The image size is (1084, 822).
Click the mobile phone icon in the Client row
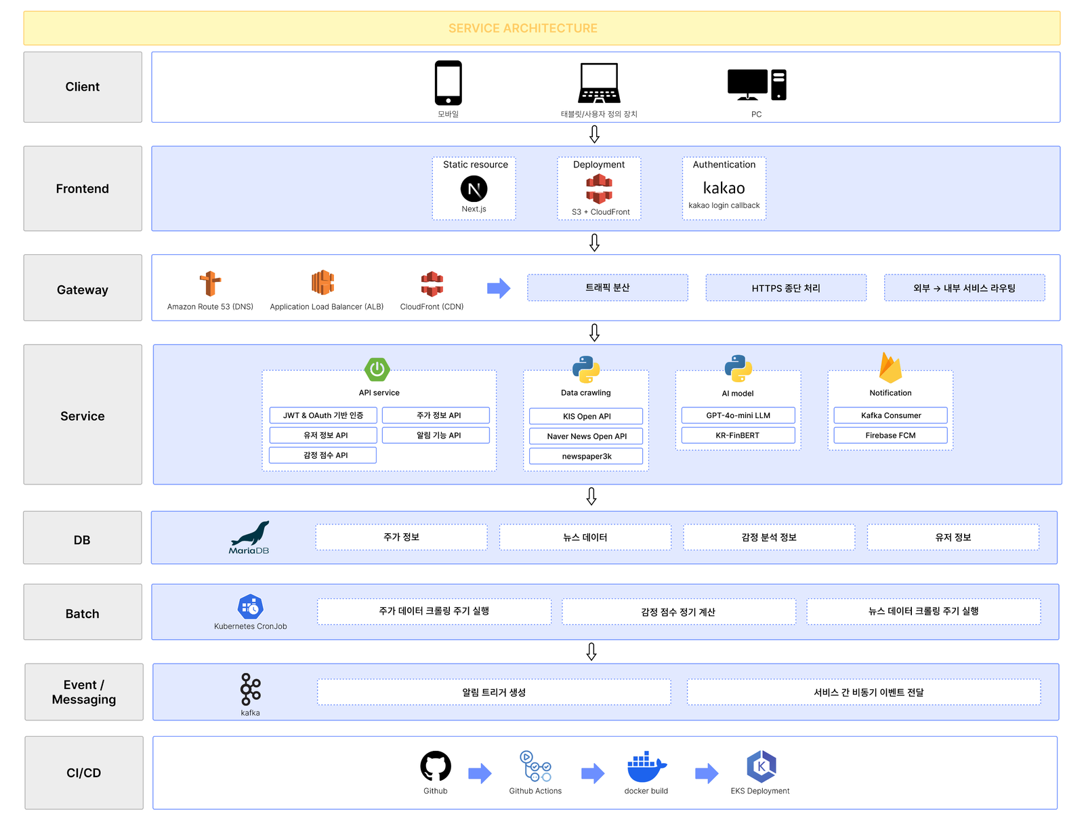448,83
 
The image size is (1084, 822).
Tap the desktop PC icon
756,85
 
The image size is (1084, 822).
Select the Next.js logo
474,188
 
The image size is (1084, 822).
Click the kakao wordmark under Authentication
724,188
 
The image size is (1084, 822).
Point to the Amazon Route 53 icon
210,283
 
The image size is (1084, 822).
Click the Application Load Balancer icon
322,283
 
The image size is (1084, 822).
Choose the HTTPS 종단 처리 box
785,287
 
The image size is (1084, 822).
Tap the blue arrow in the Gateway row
498,288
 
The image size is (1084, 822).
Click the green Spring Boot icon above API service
377,369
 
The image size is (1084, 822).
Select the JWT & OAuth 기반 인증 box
323,415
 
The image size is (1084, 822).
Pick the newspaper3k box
586,456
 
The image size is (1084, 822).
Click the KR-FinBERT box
738,435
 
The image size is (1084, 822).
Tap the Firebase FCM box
890,435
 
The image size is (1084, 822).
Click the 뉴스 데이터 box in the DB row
585,537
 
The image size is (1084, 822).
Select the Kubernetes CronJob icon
251,607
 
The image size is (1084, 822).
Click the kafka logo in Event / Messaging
251,689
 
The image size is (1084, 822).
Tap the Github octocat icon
435,766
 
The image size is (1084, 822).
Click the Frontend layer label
83,188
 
